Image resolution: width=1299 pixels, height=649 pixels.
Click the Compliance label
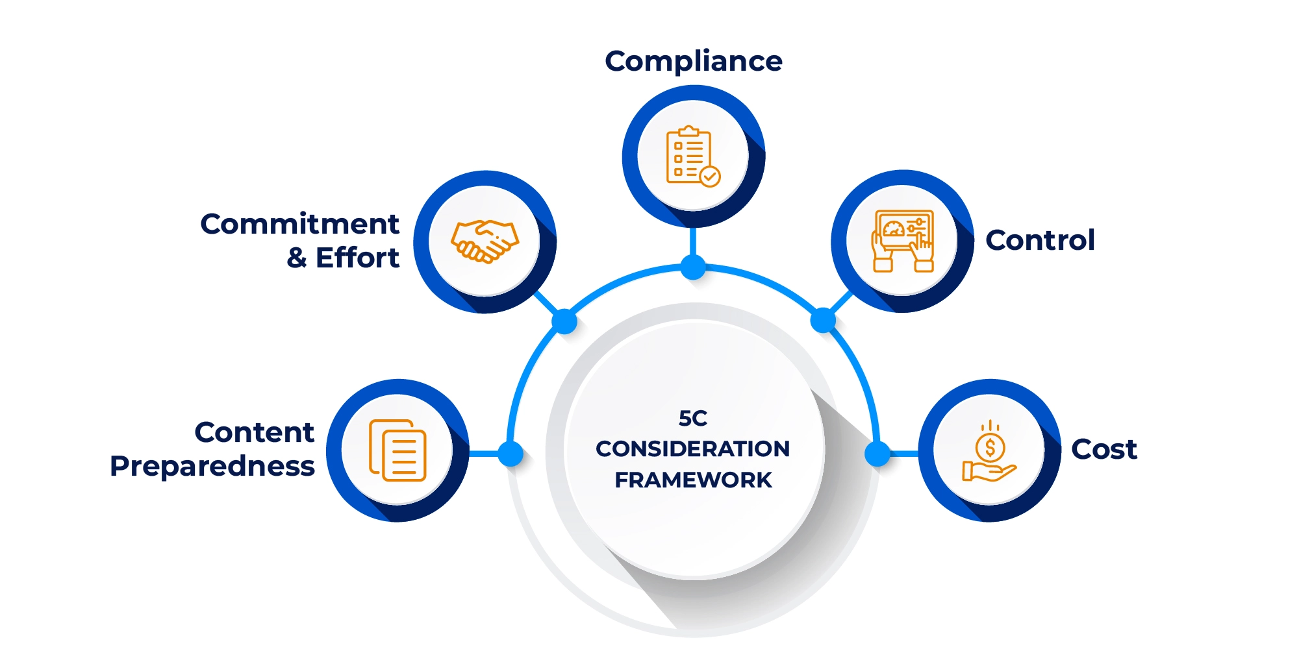(x=693, y=62)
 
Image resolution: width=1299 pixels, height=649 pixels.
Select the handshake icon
(x=485, y=241)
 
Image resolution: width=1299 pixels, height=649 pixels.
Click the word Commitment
(x=299, y=225)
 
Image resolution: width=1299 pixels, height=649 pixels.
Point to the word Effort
(x=357, y=258)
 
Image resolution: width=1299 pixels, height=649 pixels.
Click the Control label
(x=1040, y=240)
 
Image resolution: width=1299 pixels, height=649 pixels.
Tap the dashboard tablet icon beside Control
(x=902, y=241)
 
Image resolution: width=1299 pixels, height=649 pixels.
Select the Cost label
(x=1104, y=449)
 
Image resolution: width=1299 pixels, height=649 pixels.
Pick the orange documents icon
(x=397, y=450)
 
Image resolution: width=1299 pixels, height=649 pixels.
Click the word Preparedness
(x=212, y=467)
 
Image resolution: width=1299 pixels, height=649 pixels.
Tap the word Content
(x=254, y=433)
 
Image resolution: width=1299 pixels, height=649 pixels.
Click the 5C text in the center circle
(x=693, y=419)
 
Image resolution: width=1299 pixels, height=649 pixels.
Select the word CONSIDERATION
(x=693, y=448)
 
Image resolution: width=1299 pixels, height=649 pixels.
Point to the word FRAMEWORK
(x=693, y=480)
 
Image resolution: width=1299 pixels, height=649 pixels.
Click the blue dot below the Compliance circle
(x=693, y=267)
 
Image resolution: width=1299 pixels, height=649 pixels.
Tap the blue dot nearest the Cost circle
(x=877, y=454)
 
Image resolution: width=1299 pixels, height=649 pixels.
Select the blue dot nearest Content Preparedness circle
(x=511, y=454)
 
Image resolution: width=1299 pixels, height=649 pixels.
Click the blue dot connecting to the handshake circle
(x=564, y=321)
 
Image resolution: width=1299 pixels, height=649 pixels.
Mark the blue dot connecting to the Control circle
(x=823, y=320)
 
